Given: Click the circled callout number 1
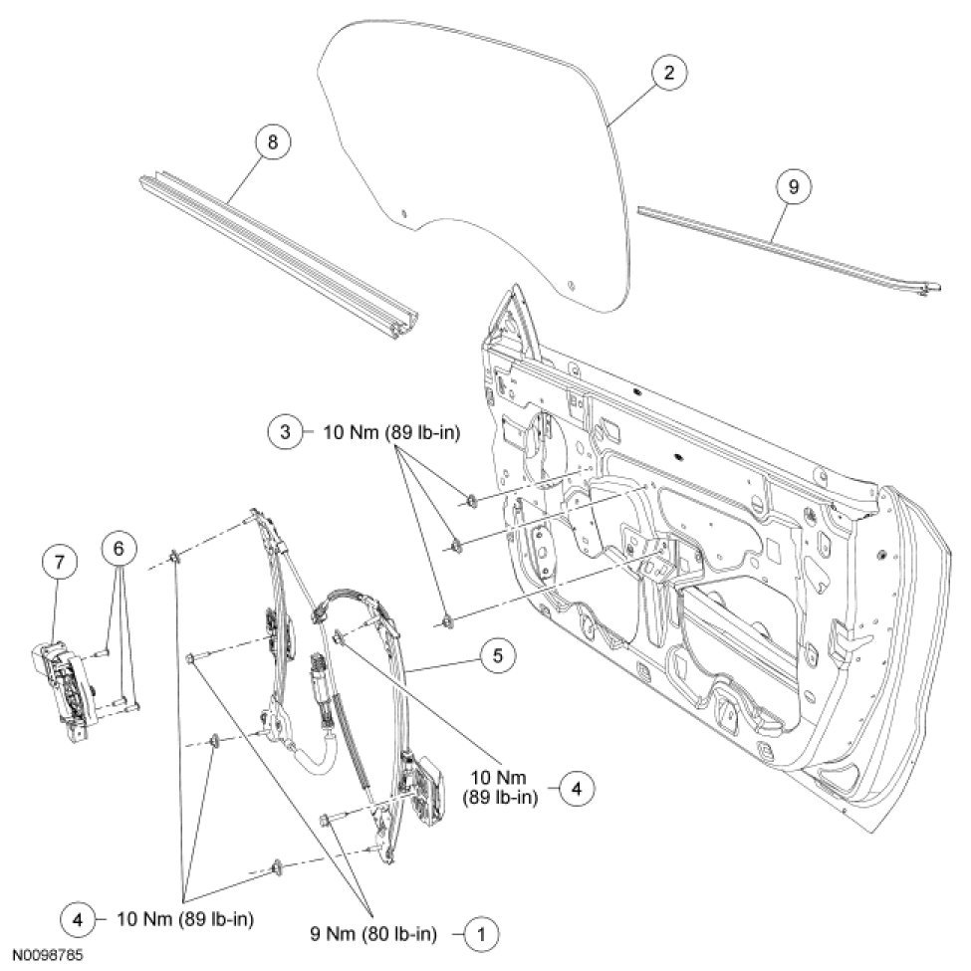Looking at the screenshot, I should pyautogui.click(x=483, y=933).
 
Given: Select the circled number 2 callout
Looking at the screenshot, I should pyautogui.click(x=668, y=73).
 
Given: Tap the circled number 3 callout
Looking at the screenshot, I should pyautogui.click(x=285, y=432).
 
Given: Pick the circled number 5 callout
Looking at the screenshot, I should pyautogui.click(x=495, y=654).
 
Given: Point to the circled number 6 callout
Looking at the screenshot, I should pyautogui.click(x=119, y=547).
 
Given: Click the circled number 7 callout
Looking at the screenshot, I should pyautogui.click(x=59, y=563).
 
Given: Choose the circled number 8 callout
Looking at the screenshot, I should pyautogui.click(x=271, y=142).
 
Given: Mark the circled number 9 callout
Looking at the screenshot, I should pyautogui.click(x=794, y=186).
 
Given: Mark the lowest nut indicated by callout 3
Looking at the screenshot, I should pyautogui.click(x=447, y=621).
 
